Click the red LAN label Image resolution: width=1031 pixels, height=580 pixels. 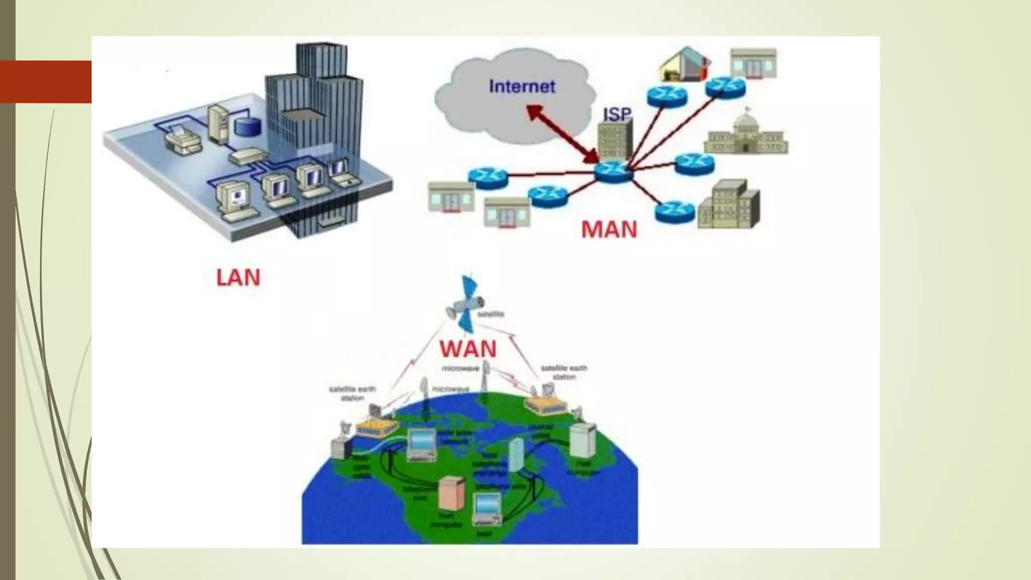pos(238,278)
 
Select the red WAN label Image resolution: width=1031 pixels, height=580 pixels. pos(468,349)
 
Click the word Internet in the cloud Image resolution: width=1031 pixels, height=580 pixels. pos(522,87)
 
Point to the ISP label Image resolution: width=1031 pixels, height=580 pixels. pos(617,114)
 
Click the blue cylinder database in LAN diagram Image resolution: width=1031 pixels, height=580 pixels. pos(248,126)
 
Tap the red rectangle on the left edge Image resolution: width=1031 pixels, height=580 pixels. pos(46,82)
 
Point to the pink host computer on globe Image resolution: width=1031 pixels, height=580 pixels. pos(450,493)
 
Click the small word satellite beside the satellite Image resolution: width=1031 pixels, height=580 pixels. pos(490,314)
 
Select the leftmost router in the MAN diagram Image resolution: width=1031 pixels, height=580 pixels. pos(487,178)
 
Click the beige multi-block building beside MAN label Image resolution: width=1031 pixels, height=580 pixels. pos(729,205)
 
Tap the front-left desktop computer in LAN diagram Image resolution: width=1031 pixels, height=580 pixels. pos(233,201)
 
